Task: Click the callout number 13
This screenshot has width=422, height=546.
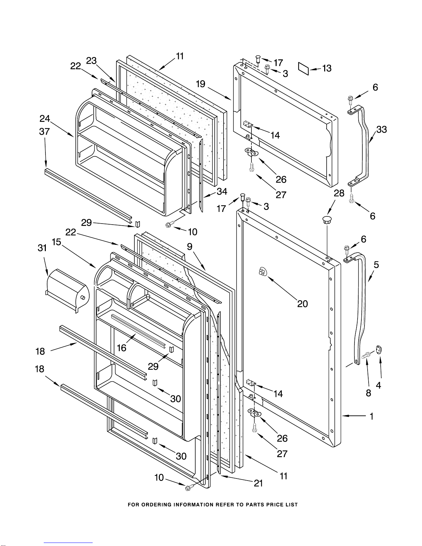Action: pyautogui.click(x=327, y=68)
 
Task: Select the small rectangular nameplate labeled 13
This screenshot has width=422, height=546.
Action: pyautogui.click(x=303, y=68)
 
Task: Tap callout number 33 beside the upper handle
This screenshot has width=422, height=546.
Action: pyautogui.click(x=382, y=130)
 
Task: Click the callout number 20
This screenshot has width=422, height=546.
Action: pyautogui.click(x=302, y=304)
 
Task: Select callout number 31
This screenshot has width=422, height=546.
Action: pyautogui.click(x=42, y=248)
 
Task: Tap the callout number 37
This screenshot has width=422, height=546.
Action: pyautogui.click(x=44, y=131)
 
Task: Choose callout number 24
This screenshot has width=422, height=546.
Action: pyautogui.click(x=45, y=119)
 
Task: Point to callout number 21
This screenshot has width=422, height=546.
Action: pyautogui.click(x=258, y=483)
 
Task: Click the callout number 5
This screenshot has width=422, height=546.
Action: pyautogui.click(x=376, y=265)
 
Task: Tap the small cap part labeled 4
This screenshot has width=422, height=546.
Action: pyautogui.click(x=379, y=350)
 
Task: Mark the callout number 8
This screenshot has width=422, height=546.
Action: pyautogui.click(x=369, y=393)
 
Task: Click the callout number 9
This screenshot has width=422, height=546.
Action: pyautogui.click(x=190, y=247)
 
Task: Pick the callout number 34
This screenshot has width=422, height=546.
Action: pyautogui.click(x=222, y=192)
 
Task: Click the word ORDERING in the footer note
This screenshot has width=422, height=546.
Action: pyautogui.click(x=156, y=505)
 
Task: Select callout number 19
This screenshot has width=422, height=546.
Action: pyautogui.click(x=200, y=84)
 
